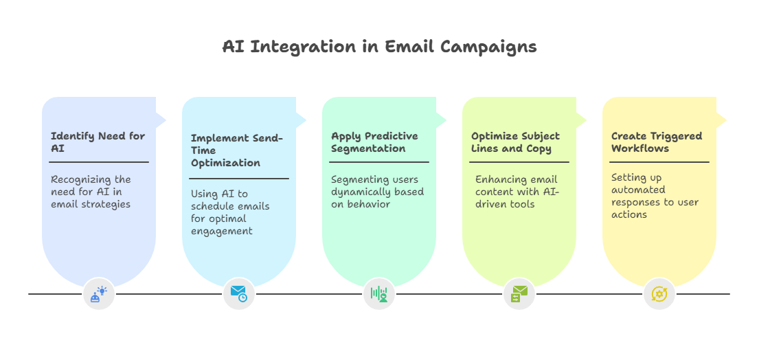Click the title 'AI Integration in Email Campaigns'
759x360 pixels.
[x=379, y=47]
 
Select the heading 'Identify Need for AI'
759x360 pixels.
[x=98, y=142]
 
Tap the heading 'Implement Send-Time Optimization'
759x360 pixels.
[x=237, y=150]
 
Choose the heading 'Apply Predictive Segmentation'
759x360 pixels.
[x=374, y=142]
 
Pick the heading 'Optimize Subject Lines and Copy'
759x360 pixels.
[x=515, y=142]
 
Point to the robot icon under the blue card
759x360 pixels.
[x=99, y=294]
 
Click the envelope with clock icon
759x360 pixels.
[x=239, y=294]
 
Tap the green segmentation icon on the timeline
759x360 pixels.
[x=379, y=294]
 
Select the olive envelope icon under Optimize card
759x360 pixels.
[x=519, y=294]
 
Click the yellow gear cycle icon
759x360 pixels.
[x=659, y=294]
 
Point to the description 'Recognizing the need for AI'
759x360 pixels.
[x=91, y=191]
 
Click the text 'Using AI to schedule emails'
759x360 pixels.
[x=230, y=212]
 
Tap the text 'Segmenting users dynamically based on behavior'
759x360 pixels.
[x=377, y=191]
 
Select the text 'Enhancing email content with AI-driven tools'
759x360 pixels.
[x=517, y=191]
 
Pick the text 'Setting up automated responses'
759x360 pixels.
[x=655, y=196]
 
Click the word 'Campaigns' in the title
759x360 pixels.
[x=488, y=47]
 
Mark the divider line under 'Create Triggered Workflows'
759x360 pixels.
[x=659, y=162]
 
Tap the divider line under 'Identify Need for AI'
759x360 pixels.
[x=99, y=162]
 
